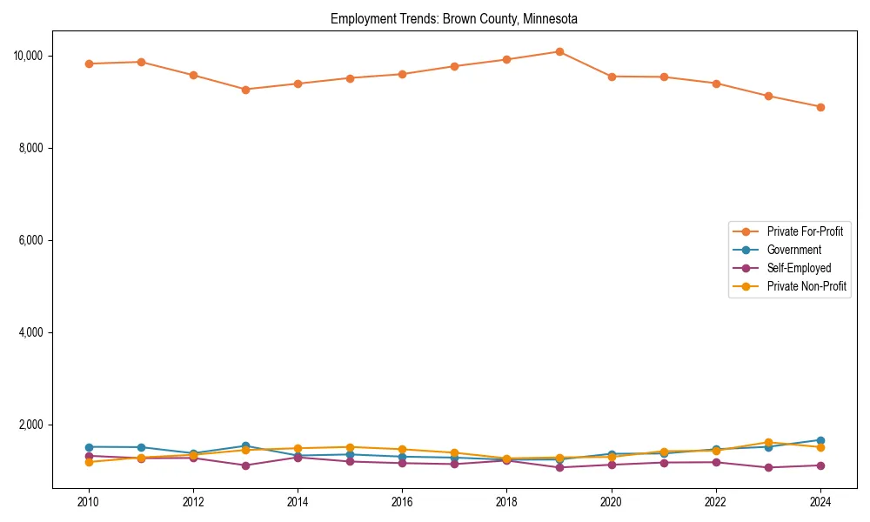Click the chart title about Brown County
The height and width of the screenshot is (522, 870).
point(453,18)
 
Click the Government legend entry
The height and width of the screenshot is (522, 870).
point(793,250)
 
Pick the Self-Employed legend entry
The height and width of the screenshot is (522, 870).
point(799,268)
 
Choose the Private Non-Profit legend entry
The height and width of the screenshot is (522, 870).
point(806,286)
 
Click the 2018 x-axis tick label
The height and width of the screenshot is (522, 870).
point(506,502)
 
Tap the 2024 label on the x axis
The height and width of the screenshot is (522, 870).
point(820,502)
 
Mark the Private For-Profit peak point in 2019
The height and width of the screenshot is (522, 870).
point(559,51)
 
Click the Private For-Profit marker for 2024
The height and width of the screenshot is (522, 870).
point(820,107)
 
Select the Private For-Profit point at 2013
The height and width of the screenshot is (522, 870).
point(245,90)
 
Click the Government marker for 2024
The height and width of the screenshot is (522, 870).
point(820,440)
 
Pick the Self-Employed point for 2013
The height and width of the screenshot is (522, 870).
point(245,465)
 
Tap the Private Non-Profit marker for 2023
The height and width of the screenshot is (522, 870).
point(768,443)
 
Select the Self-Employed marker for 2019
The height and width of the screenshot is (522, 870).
point(559,467)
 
